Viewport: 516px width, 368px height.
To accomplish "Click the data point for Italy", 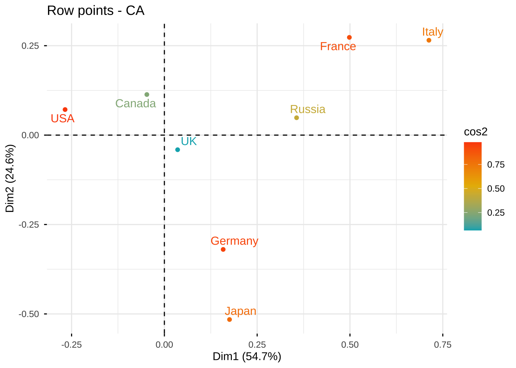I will (429, 40).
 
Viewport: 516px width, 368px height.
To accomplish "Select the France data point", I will (349, 38).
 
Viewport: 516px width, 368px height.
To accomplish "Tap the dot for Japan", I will (230, 320).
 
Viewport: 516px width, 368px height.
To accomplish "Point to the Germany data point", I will (223, 250).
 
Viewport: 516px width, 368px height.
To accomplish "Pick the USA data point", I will (65, 110).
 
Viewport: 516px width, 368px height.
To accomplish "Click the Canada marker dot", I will (147, 95).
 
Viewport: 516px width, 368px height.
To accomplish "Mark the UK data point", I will (177, 149).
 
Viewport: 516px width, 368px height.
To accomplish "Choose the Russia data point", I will (296, 118).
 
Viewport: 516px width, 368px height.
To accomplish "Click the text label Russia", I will (308, 110).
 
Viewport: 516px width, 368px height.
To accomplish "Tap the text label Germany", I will (234, 241).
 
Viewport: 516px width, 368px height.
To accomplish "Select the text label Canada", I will (136, 104).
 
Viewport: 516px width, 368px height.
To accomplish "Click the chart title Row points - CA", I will (96, 11).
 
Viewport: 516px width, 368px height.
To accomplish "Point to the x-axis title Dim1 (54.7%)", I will (247, 357).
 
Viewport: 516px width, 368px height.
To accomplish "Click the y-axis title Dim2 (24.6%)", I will (10, 179).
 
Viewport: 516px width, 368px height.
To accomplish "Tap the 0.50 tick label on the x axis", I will (350, 345).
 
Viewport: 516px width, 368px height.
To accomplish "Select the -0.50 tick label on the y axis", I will (29, 314).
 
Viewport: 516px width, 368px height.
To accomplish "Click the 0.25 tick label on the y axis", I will (30, 46).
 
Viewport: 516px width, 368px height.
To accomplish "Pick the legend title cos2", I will (476, 132).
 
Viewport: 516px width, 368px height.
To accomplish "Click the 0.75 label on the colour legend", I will (496, 165).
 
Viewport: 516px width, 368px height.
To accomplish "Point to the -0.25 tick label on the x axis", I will (71, 345).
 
